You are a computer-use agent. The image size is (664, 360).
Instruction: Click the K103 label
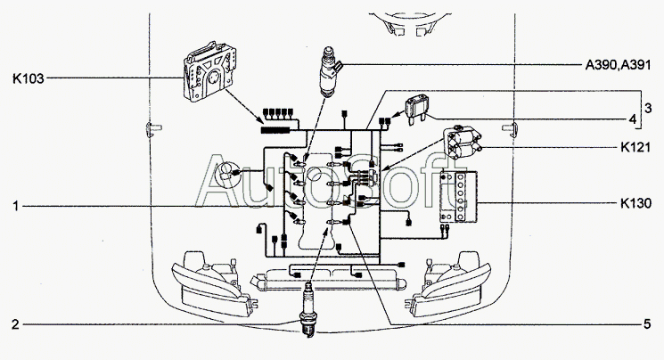(x=28, y=79)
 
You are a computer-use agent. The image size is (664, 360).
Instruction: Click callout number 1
(x=16, y=206)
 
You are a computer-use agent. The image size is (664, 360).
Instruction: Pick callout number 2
(x=16, y=323)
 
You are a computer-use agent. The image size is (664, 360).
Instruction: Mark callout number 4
(x=632, y=119)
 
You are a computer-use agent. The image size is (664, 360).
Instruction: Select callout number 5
(x=647, y=323)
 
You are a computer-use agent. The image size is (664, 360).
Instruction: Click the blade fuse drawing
(x=420, y=110)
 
